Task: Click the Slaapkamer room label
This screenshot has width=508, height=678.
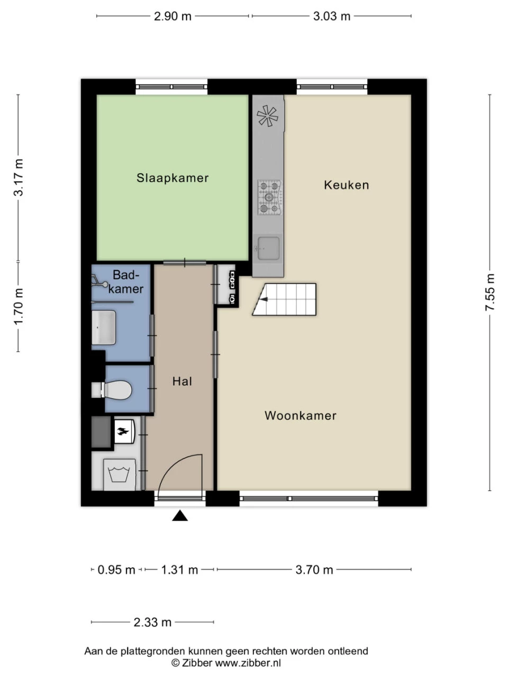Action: coord(173,178)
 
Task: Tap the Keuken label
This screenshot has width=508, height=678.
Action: coord(346,185)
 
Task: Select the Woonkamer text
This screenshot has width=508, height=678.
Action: coord(300,416)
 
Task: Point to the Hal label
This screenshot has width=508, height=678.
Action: coord(182,381)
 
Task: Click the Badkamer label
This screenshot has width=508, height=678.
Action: coord(126,282)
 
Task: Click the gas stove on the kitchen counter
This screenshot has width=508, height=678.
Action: coord(269,198)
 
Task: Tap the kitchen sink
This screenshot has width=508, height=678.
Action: coord(268,248)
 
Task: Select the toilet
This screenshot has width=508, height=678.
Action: coord(114,390)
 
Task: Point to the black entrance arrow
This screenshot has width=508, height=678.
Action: coord(180,516)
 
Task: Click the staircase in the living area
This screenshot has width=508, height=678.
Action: coord(286,300)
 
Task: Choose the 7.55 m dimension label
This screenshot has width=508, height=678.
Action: coord(491,293)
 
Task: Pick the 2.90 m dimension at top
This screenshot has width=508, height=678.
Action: coord(173,16)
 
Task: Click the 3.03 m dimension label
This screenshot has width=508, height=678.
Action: coord(332,16)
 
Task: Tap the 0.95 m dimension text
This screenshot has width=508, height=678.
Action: coord(116,570)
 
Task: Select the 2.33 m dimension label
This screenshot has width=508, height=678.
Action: coord(152,622)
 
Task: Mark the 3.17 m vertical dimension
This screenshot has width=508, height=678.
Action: coord(19,177)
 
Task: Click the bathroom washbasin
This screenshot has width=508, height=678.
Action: coord(104,327)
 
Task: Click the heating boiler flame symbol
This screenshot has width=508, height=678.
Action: coord(123,431)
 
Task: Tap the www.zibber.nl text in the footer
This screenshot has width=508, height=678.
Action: coord(248,663)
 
